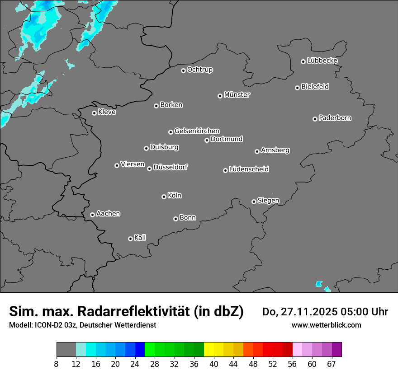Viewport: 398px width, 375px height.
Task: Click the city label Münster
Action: tap(237, 95)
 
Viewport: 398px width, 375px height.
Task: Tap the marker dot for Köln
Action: tap(164, 197)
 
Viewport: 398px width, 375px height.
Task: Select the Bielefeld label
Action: tap(315, 87)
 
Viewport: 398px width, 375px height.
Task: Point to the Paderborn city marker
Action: tap(315, 119)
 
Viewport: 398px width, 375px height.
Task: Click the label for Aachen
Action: tap(108, 214)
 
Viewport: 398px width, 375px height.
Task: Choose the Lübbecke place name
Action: tap(322, 61)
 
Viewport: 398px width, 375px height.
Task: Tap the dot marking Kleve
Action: tap(94, 113)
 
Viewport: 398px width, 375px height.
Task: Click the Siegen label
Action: tap(268, 201)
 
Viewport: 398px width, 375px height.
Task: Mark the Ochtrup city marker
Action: tap(183, 70)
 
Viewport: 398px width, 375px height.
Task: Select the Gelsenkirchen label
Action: tap(197, 131)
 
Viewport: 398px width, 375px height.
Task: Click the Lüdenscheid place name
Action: tap(249, 169)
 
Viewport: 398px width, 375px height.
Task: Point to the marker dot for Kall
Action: tap(130, 239)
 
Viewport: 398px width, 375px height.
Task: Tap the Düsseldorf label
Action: tap(171, 167)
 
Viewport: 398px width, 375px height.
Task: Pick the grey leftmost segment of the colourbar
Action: tap(66, 350)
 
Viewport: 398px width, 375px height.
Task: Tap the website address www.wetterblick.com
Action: tap(326, 325)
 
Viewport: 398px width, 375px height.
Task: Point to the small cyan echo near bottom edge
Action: tap(319, 284)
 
